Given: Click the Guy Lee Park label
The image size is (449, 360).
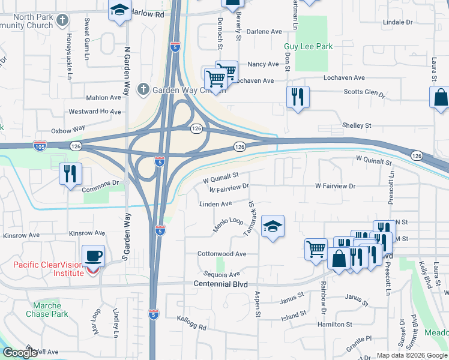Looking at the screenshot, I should coord(308,46).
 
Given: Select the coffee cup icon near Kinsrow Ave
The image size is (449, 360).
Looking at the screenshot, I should coord(92,256).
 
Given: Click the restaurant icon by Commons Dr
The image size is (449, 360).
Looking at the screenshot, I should coord(70,174).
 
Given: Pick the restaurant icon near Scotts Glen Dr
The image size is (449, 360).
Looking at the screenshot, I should coord(298,96).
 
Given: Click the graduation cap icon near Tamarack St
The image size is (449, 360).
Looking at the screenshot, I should coord(273,226).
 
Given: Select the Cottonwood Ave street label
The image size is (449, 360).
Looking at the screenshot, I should coord(222,254).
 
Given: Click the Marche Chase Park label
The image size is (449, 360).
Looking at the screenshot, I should coord(47,310).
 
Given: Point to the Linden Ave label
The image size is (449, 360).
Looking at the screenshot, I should coord(215,204).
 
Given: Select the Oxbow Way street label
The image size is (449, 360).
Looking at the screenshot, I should coord(68,128).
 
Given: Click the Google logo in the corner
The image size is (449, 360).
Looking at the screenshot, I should coord(20,353).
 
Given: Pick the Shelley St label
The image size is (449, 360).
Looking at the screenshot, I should coord(357,125).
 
